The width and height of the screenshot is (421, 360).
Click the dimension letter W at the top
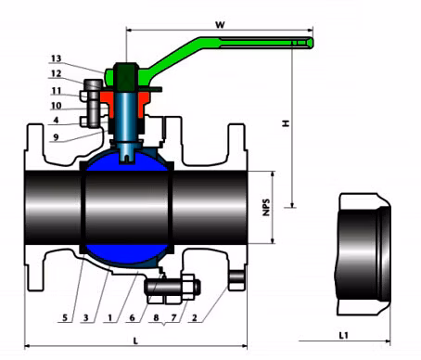pyautogui.click(x=220, y=24)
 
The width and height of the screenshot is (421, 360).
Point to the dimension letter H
pyautogui.click(x=286, y=123)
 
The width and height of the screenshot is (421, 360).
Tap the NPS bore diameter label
pyautogui.click(x=266, y=207)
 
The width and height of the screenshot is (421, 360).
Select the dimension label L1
pyautogui.click(x=344, y=335)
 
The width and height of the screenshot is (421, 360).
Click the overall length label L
pyautogui.click(x=135, y=341)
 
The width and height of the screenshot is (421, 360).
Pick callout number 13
pyautogui.click(x=57, y=58)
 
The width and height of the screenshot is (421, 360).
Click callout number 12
pyautogui.click(x=57, y=73)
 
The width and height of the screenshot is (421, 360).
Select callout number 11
pyautogui.click(x=57, y=91)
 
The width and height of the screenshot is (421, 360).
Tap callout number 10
pyautogui.click(x=57, y=106)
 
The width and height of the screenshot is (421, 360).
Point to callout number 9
pyautogui.click(x=56, y=137)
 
